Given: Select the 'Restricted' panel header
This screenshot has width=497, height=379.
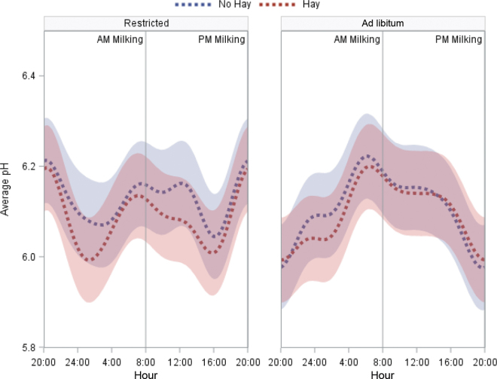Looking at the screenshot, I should [x=146, y=23].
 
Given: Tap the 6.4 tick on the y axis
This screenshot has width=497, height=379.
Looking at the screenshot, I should [x=28, y=76].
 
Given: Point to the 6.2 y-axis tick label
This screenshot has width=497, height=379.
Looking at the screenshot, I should [x=28, y=167].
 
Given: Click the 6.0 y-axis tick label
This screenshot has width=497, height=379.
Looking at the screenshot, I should [x=28, y=257].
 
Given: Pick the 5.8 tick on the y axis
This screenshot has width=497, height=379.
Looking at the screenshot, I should [x=28, y=347].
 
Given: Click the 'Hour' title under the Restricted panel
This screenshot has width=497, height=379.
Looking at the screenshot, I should [x=146, y=373].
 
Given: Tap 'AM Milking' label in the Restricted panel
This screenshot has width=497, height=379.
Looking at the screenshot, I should [x=120, y=40].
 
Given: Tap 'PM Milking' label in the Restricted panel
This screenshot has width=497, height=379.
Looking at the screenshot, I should [x=221, y=40].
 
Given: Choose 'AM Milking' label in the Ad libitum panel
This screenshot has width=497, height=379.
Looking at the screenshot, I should [x=357, y=40].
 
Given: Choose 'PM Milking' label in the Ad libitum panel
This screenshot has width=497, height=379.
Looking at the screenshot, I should [x=459, y=40].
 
